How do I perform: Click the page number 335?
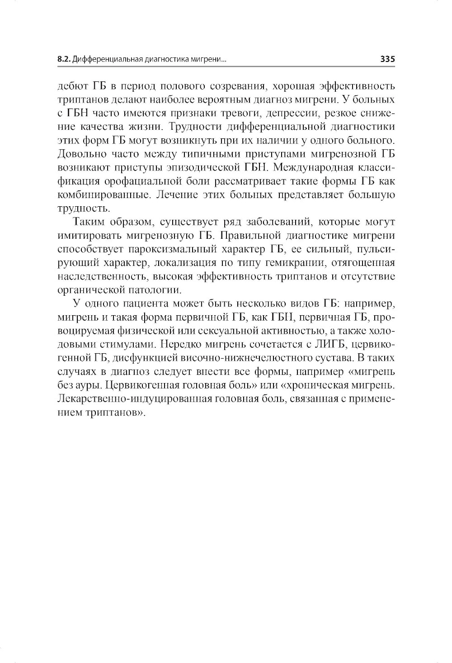387,59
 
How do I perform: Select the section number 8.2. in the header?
64,59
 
